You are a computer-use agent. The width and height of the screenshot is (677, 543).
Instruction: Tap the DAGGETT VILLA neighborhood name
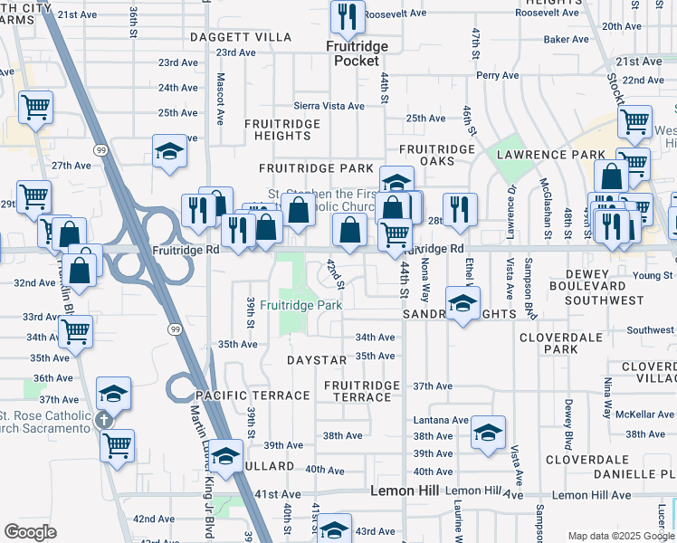coord(241,37)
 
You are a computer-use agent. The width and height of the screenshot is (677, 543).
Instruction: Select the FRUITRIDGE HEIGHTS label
coord(282,129)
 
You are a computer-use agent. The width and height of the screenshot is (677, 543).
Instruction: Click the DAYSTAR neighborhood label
coord(317,360)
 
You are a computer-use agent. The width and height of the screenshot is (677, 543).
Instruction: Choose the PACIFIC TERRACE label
coord(253,396)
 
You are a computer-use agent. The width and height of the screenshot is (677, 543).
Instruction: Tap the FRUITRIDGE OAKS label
coord(437,155)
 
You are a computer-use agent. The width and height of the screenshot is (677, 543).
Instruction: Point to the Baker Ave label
coord(567,40)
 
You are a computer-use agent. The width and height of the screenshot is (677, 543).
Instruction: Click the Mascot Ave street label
coord(220,99)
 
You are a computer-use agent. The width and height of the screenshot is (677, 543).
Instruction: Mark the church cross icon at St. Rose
coord(103,420)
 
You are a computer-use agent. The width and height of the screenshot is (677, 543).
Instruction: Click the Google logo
coord(30,532)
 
